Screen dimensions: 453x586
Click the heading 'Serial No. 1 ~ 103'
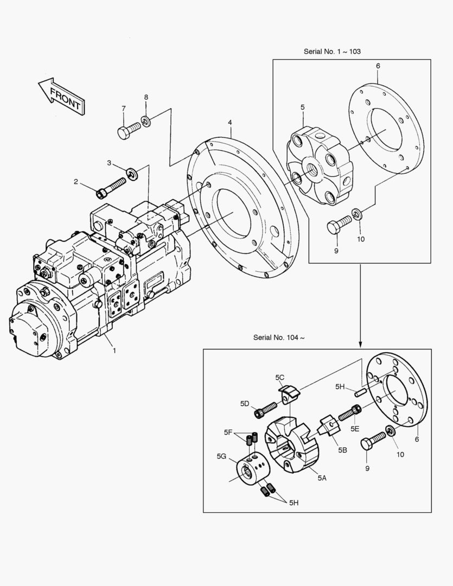332,52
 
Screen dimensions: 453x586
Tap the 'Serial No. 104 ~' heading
279,337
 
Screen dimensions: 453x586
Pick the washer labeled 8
145,120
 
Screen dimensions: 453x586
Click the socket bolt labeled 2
111,187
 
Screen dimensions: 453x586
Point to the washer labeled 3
132,174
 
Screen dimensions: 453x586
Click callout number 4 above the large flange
230,122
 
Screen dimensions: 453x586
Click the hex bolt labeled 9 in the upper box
340,224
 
